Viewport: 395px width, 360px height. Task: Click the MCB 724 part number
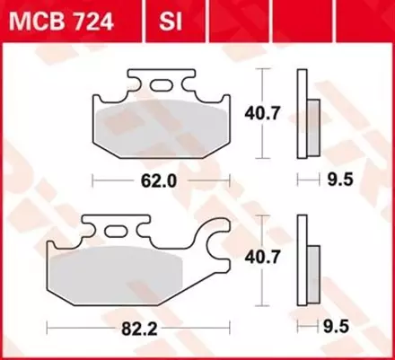pyautogui.click(x=59, y=19)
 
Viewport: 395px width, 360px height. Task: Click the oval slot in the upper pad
pyautogui.click(x=162, y=85)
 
